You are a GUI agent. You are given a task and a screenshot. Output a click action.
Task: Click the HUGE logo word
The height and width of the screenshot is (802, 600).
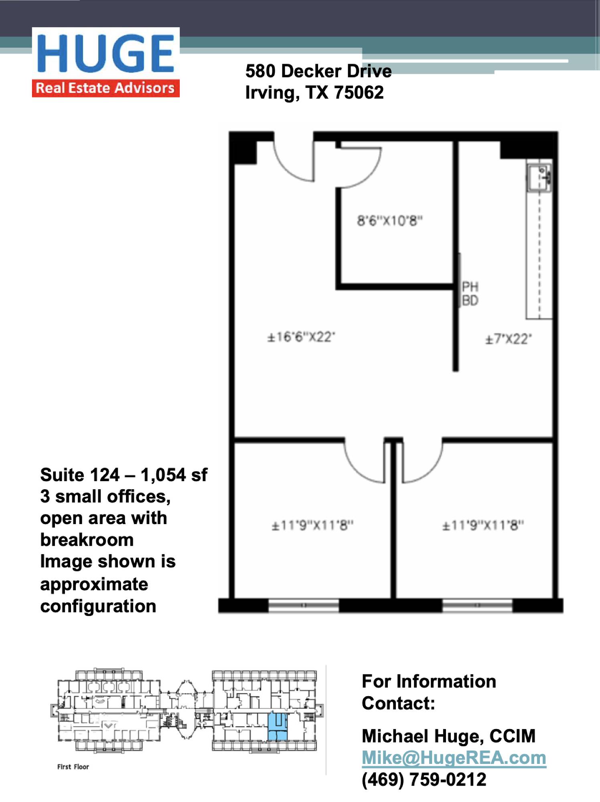(106, 53)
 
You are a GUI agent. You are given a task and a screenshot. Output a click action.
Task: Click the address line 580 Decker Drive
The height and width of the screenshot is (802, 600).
(318, 71)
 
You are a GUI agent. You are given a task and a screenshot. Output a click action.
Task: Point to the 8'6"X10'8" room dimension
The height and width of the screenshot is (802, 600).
(390, 221)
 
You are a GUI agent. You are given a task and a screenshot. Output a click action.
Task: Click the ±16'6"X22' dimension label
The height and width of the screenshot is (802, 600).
(301, 337)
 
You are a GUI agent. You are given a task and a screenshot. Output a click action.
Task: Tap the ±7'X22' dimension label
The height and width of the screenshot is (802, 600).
(509, 339)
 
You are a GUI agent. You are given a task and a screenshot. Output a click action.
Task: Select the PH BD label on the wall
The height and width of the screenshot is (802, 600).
(470, 294)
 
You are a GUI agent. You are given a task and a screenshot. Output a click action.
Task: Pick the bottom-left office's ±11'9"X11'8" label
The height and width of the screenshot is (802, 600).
(312, 525)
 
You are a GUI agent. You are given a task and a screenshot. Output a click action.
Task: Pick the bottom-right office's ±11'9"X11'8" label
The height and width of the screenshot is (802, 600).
(483, 525)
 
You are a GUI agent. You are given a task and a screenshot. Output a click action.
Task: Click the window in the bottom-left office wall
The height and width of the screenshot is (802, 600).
(304, 605)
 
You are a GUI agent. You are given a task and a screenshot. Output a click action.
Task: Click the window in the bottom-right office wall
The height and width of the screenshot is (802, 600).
(477, 605)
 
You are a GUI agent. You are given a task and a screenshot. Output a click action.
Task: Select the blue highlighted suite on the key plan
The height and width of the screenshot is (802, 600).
(278, 726)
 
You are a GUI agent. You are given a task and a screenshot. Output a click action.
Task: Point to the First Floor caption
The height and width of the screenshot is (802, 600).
(73, 767)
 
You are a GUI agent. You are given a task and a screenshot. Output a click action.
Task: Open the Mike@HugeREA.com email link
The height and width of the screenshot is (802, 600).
(454, 758)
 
